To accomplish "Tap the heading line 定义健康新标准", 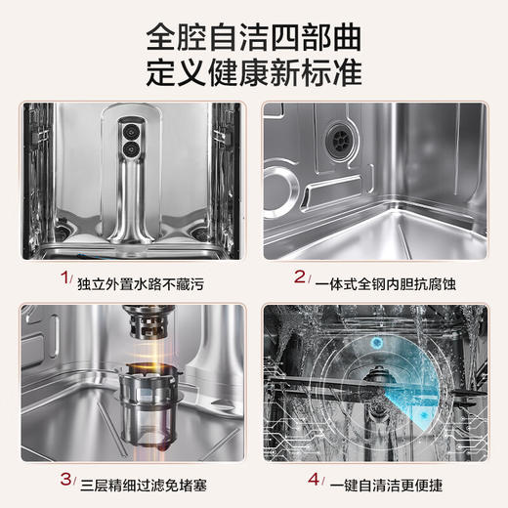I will (254, 74).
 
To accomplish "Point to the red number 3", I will (66, 479).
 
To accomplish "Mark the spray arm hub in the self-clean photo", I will (375, 385).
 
